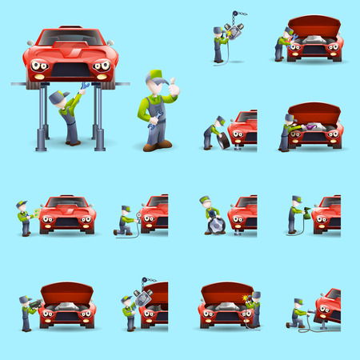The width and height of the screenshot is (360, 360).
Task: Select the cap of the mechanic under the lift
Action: [55, 97]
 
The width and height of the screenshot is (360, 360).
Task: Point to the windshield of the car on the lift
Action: [70, 38]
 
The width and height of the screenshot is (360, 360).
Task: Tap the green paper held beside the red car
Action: [34, 213]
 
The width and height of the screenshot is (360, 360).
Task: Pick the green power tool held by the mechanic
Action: [34, 304]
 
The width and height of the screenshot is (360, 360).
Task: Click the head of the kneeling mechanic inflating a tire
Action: [126, 210]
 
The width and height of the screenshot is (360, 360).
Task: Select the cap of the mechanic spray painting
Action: [296, 199]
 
